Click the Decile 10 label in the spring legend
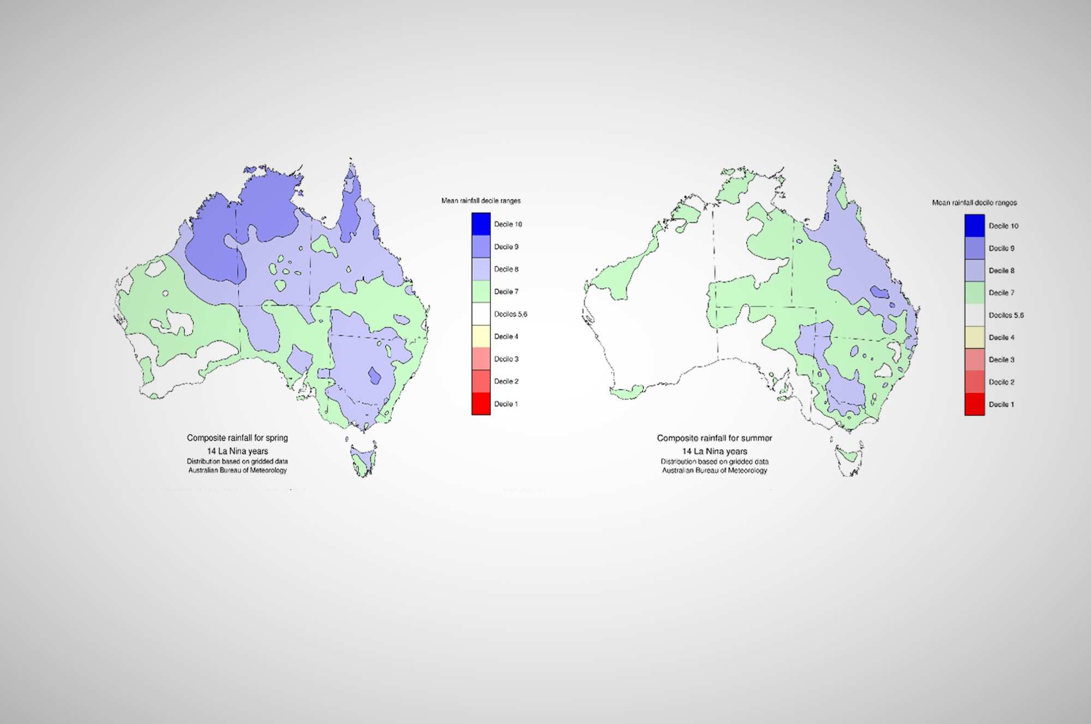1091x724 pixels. click(507, 224)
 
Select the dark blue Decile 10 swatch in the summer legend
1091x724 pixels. click(974, 226)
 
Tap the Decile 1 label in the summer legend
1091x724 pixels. click(1001, 405)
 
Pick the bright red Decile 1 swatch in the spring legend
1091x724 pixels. click(481, 404)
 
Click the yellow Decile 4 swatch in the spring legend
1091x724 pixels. click(481, 336)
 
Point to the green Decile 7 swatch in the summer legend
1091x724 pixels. click(974, 293)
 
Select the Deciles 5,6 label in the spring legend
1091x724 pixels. click(510, 314)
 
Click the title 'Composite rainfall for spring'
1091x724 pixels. click(237, 438)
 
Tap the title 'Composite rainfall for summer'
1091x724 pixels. click(714, 438)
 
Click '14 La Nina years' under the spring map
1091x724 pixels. click(237, 451)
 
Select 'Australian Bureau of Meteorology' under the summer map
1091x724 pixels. click(714, 470)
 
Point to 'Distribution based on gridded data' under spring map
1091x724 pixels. click(237, 461)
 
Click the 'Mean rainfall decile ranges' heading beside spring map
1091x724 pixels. click(481, 201)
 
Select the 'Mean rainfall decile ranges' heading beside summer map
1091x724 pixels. click(974, 203)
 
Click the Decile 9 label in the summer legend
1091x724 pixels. click(1001, 248)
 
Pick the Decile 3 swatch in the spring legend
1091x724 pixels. click(481, 359)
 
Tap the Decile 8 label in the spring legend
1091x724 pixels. click(506, 269)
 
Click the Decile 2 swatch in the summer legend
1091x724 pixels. click(974, 382)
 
